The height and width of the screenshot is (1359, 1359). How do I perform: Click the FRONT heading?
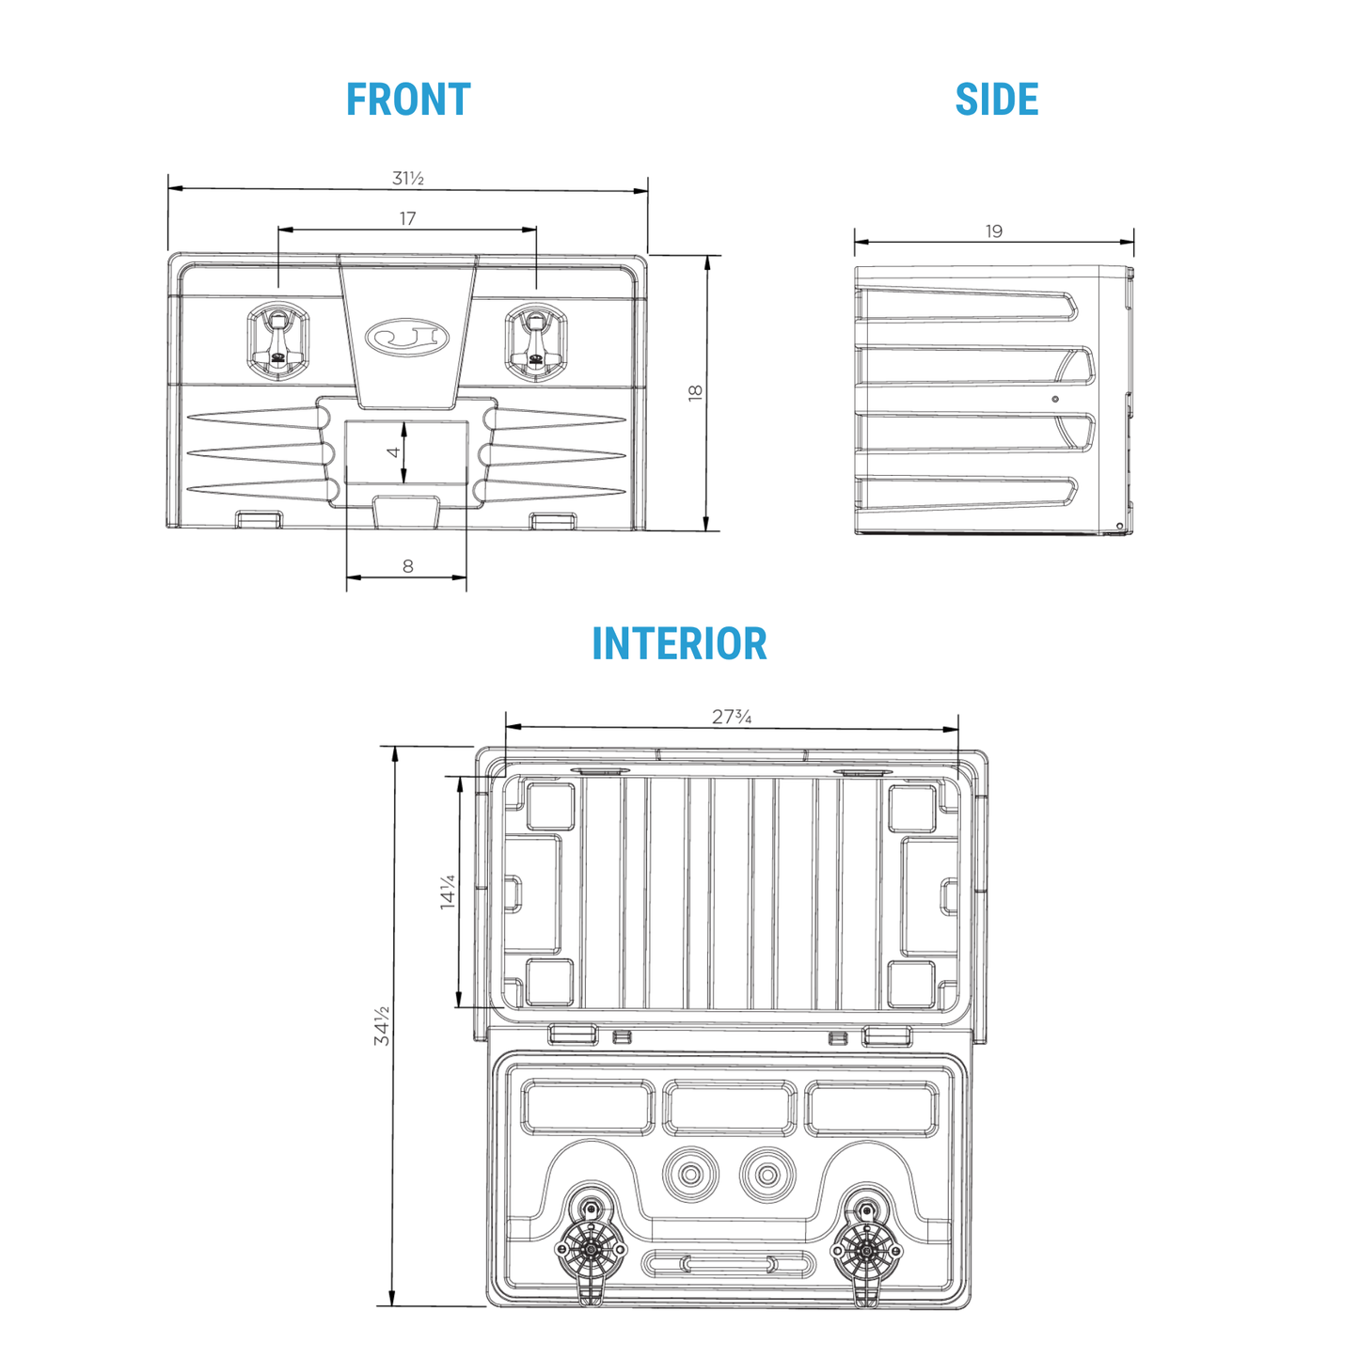point(408,100)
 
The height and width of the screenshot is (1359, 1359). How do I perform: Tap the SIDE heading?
point(997,100)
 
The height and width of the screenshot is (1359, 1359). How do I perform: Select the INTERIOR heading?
point(679,643)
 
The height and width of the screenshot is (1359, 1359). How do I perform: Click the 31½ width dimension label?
point(408,178)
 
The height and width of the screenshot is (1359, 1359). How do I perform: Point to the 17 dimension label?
point(407,218)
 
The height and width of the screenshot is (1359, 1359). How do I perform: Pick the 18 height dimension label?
point(695,393)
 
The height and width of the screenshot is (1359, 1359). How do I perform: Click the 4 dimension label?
point(393,452)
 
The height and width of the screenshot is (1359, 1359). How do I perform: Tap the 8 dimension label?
point(407,565)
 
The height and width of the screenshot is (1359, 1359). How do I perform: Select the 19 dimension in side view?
point(994,231)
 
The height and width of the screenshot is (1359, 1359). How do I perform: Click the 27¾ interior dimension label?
point(732,717)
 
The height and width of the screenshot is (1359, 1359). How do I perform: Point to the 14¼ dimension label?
point(447,892)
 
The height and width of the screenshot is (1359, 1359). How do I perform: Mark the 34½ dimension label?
point(382,1025)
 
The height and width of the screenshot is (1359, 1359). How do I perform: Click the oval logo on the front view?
point(407,336)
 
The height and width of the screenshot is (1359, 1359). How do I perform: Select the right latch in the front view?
point(536,341)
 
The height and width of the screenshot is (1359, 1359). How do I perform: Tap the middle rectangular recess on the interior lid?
point(729,1108)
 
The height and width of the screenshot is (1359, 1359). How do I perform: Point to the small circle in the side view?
point(1055,399)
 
